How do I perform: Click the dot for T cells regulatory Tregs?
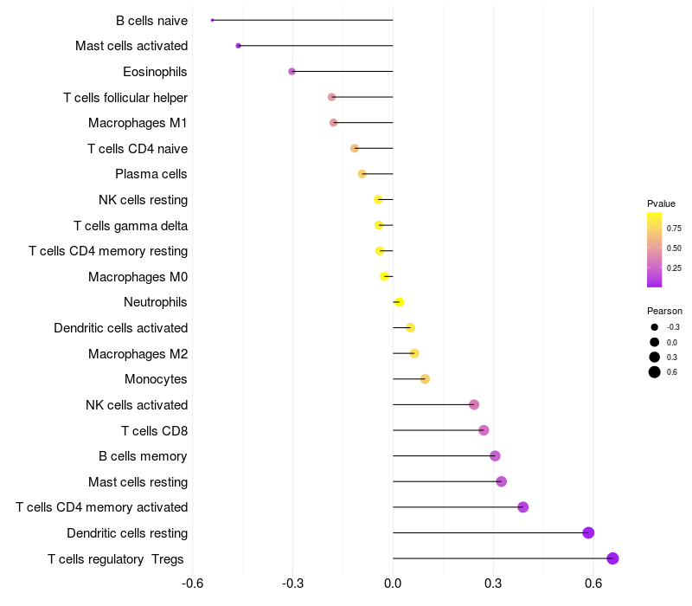pyautogui.click(x=612, y=558)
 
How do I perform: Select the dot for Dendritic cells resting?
pyautogui.click(x=588, y=532)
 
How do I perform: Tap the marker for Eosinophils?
pyautogui.click(x=292, y=71)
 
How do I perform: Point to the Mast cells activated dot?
pyautogui.click(x=238, y=45)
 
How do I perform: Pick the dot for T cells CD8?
pyautogui.click(x=484, y=430)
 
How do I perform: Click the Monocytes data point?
pyautogui.click(x=425, y=379)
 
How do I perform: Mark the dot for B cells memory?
pyautogui.click(x=495, y=456)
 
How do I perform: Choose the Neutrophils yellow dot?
pyautogui.click(x=399, y=302)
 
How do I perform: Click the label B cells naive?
pyautogui.click(x=151, y=20)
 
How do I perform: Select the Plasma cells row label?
pyautogui.click(x=151, y=174)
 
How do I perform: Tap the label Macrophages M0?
pyautogui.click(x=138, y=277)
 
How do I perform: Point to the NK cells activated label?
pyautogui.click(x=137, y=405)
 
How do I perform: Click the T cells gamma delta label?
pyautogui.click(x=131, y=226)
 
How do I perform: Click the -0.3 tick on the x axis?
pyautogui.click(x=292, y=583)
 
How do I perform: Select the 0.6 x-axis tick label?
pyautogui.click(x=593, y=583)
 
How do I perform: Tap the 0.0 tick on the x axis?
pyautogui.click(x=393, y=583)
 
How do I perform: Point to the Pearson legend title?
pyautogui.click(x=664, y=311)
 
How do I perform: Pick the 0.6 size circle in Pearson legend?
pyautogui.click(x=655, y=372)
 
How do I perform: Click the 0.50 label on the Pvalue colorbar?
pyautogui.click(x=674, y=248)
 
